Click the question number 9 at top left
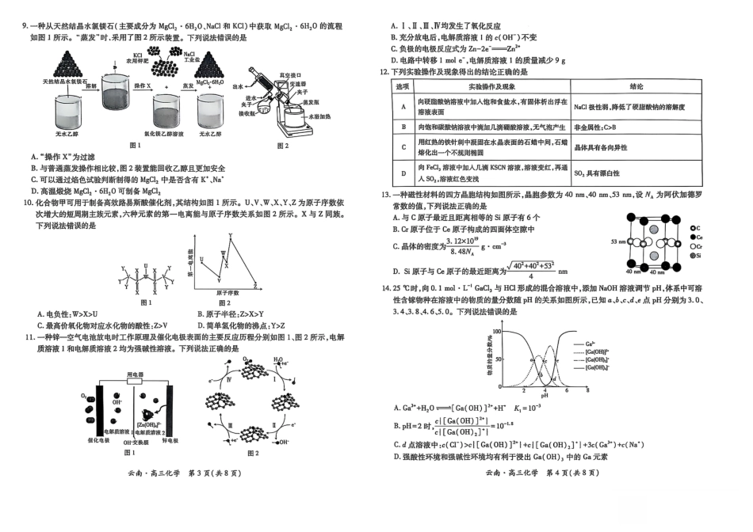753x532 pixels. pyautogui.click(x=25, y=26)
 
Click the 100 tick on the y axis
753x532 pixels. pyautogui.click(x=498, y=331)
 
